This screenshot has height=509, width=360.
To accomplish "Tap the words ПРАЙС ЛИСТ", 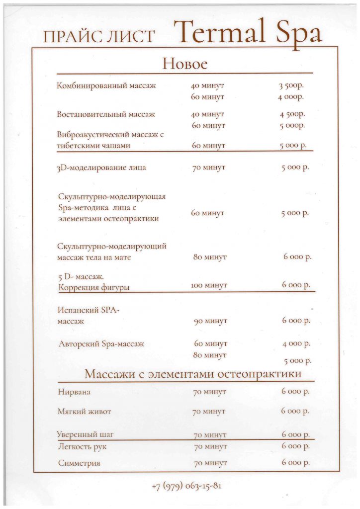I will [x=99, y=37].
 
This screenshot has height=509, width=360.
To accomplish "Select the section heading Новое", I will [x=184, y=64].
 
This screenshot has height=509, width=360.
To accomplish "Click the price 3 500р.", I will [x=291, y=85].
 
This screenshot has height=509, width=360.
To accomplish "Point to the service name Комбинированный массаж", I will [x=106, y=85].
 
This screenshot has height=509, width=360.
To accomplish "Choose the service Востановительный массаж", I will [x=106, y=114].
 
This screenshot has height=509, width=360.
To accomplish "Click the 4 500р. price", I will [x=292, y=114].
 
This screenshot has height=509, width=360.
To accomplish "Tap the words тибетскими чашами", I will [x=93, y=146].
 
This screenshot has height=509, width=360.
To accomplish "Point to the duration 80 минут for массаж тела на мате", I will [x=210, y=257].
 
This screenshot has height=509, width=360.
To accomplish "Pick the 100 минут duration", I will [x=209, y=285].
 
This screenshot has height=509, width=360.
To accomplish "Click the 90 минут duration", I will [x=210, y=321].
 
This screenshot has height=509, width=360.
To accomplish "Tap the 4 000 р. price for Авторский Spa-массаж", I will [x=296, y=343].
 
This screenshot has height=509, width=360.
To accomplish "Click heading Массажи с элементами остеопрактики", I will [x=193, y=373].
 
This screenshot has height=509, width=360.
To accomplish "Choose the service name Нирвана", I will [x=75, y=392].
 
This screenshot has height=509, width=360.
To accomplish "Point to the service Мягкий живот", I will [x=85, y=412].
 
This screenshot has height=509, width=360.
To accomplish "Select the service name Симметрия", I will [x=79, y=463].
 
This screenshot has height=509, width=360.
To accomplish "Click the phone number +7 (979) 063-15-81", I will [x=186, y=486].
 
